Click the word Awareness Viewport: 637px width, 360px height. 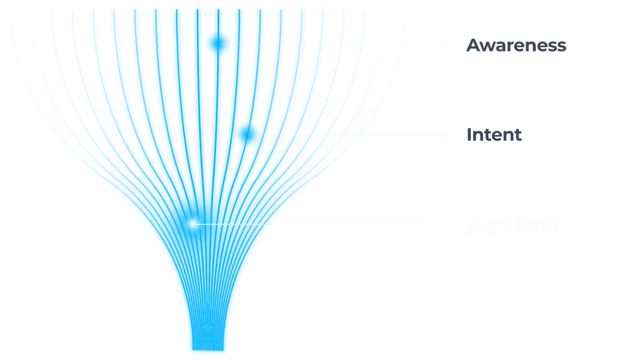click(x=516, y=45)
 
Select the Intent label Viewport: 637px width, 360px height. click(x=494, y=135)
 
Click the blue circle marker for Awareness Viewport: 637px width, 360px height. click(x=218, y=44)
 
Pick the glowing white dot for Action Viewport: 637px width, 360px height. click(x=192, y=224)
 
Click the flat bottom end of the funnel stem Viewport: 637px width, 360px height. click(x=208, y=350)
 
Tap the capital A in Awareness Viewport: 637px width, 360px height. click(x=473, y=45)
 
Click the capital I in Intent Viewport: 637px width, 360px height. click(x=469, y=135)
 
